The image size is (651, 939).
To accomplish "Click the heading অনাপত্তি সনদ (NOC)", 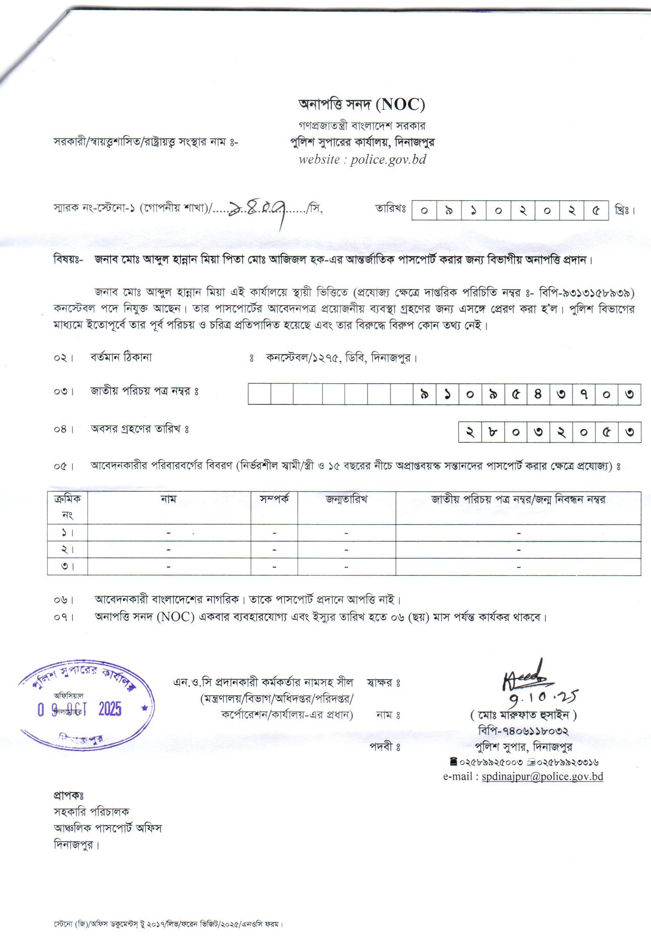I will (x=362, y=105).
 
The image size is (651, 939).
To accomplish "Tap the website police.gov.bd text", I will (x=362, y=160).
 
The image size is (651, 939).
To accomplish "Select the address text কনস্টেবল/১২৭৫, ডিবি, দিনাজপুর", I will (x=341, y=357).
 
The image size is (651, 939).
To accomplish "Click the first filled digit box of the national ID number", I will (x=424, y=394).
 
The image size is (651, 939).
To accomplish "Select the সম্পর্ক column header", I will (x=274, y=499).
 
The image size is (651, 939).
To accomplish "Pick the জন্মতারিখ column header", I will (x=346, y=499).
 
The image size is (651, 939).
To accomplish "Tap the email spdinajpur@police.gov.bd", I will (x=542, y=776).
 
